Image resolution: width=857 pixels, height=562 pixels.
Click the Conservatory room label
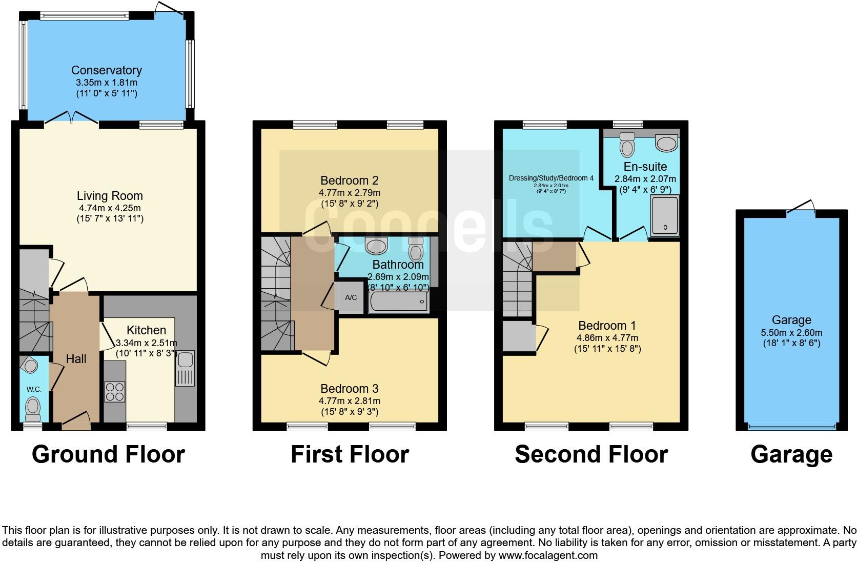click(x=106, y=70)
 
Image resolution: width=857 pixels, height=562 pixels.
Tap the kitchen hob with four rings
click(x=115, y=392)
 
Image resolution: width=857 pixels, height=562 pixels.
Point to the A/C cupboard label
click(x=351, y=297)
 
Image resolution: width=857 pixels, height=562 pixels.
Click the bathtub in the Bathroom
click(x=398, y=302)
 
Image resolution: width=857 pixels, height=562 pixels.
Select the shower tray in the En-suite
click(x=664, y=215)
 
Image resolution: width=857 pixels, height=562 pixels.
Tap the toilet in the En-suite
click(x=627, y=145)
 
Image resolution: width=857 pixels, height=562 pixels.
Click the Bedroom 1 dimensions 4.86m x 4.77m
click(x=607, y=338)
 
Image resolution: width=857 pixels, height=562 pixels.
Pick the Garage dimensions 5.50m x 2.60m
click(x=791, y=332)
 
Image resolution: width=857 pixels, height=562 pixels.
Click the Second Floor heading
click(x=591, y=454)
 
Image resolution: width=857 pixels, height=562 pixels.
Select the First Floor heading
click(x=350, y=454)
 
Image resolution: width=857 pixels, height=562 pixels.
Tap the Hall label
click(x=76, y=359)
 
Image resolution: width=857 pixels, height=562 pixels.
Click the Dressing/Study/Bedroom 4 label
click(x=551, y=178)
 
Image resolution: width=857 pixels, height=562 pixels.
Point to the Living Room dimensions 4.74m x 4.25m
click(x=110, y=208)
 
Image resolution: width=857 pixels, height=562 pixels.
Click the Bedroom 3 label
click(x=349, y=389)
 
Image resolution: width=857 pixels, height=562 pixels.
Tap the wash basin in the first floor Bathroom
click(x=377, y=246)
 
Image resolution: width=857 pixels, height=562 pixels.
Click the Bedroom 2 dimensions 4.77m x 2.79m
click(x=349, y=193)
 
